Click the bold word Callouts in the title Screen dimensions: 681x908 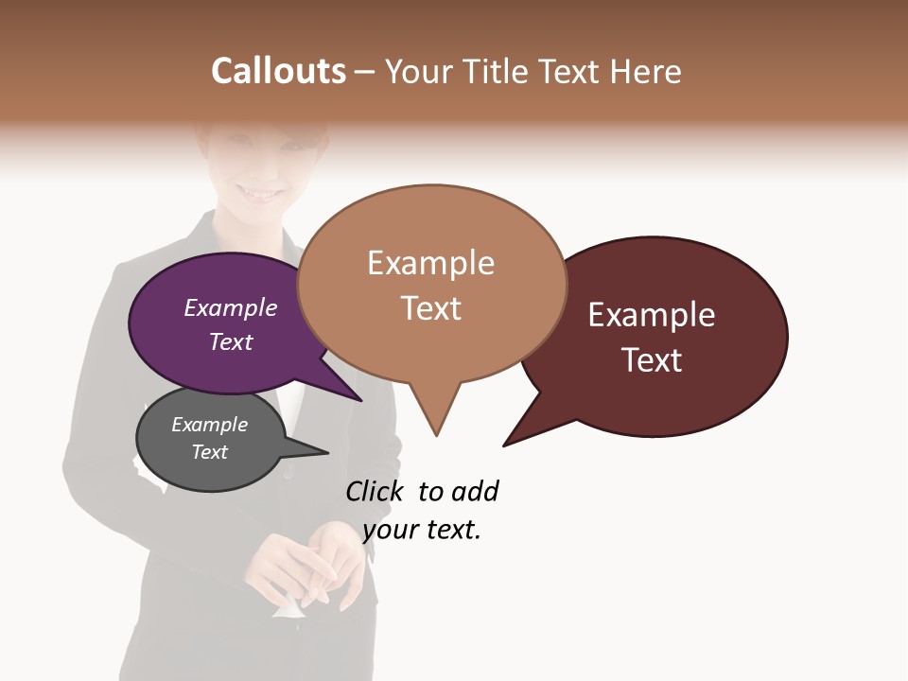pos(278,71)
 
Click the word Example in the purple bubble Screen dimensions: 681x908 pos(231,307)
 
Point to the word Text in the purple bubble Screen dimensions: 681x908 pos(231,341)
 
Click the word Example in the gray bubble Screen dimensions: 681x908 pos(209,425)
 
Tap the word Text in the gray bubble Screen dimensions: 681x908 pos(209,452)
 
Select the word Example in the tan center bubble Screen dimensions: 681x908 pos(430,263)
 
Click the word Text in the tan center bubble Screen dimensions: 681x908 pos(430,308)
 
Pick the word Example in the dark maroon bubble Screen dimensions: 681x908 pos(652,315)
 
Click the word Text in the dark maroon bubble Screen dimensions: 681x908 pos(652,360)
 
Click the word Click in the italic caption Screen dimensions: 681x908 pos(376,492)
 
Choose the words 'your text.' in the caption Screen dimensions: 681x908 pos(422,530)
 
